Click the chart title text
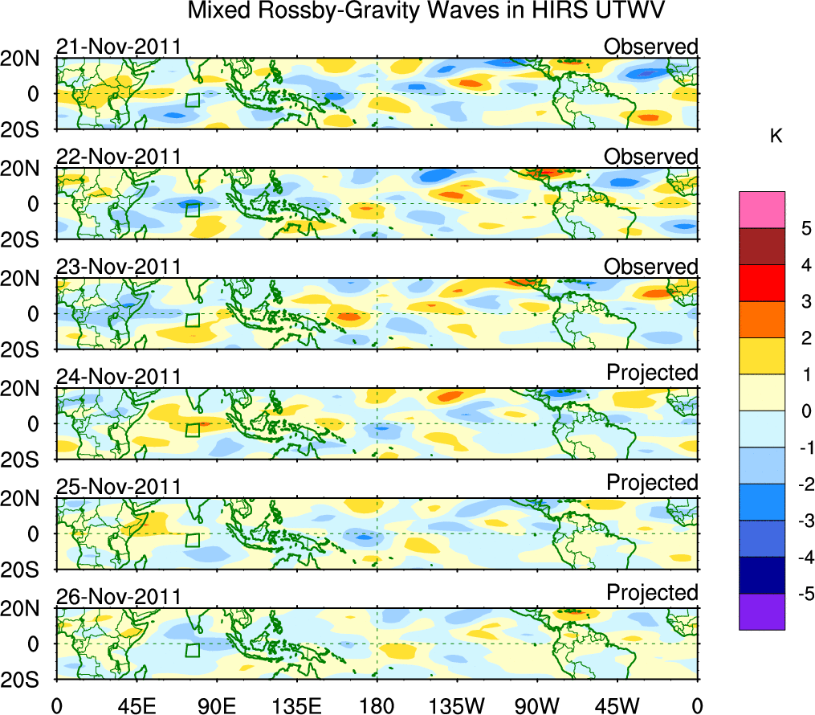click(x=426, y=11)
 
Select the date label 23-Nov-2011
click(x=118, y=267)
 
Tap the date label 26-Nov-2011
click(x=118, y=596)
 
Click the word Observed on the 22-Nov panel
click(x=650, y=157)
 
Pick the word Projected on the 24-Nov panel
click(x=652, y=373)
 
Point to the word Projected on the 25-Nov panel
click(x=652, y=483)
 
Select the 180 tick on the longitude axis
click(x=377, y=705)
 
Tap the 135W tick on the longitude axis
click(x=457, y=705)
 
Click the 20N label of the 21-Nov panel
click(x=27, y=58)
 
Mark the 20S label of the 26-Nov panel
click(x=27, y=680)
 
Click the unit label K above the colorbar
click(x=776, y=137)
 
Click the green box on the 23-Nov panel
click(x=192, y=320)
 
